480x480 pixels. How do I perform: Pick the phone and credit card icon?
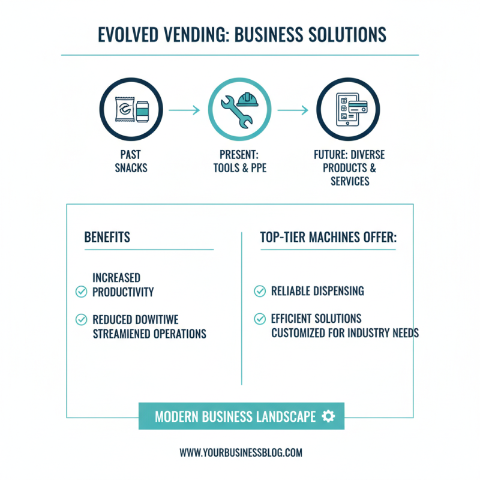[x=349, y=110]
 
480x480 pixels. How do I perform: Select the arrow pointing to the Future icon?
[x=293, y=110]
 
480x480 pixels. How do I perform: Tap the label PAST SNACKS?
[x=131, y=161]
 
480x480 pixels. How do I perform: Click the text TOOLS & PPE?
[x=239, y=167]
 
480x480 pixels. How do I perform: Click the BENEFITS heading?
[x=107, y=237]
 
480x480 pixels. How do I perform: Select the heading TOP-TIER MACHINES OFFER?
[x=328, y=237]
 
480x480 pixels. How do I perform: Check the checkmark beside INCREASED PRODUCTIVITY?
[x=81, y=292]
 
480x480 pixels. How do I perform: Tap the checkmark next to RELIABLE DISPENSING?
[x=260, y=291]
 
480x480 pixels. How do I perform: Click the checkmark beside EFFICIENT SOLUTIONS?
[x=260, y=319]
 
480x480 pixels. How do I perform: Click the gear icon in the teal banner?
[x=328, y=416]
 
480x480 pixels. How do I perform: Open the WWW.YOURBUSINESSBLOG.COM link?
[x=241, y=452]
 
